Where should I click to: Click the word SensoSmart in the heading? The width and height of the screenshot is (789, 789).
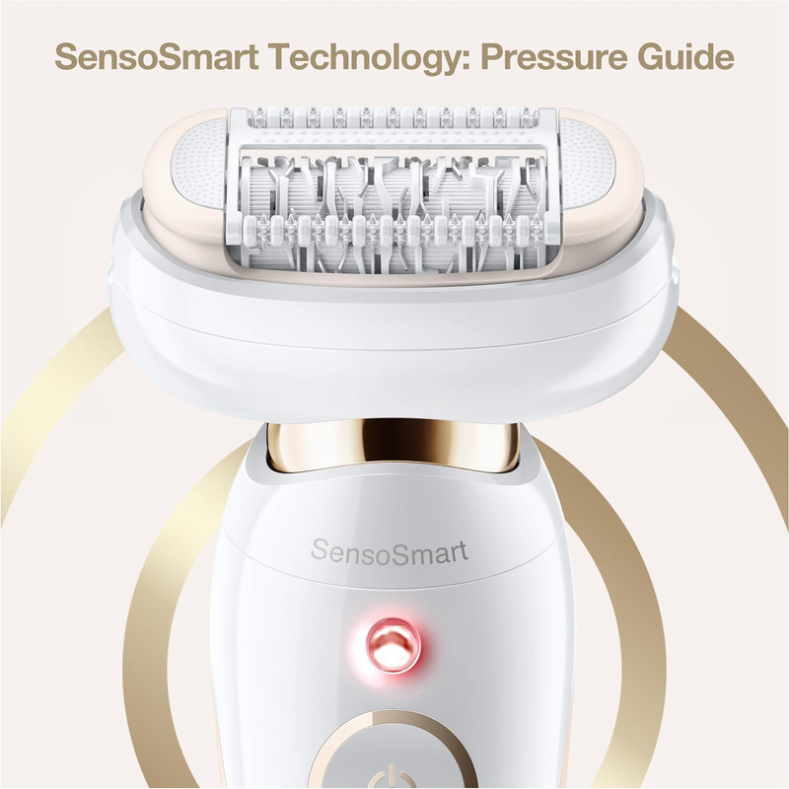pyautogui.click(x=157, y=57)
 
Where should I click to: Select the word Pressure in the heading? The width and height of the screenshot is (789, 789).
pyautogui.click(x=554, y=57)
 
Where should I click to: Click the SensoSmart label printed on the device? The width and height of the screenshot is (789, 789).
pyautogui.click(x=390, y=551)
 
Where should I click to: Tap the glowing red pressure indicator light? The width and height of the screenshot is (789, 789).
pyautogui.click(x=394, y=646)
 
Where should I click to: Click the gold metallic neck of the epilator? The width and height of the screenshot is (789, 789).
pyautogui.click(x=393, y=448)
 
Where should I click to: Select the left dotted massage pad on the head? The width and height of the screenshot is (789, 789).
pyautogui.click(x=200, y=164)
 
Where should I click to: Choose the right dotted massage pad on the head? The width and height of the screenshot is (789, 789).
pyautogui.click(x=588, y=164)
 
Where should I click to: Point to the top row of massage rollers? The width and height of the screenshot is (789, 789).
pyautogui.click(x=393, y=117)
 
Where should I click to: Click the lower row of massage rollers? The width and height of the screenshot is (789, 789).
pyautogui.click(x=394, y=229)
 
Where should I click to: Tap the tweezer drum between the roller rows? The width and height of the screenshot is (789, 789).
pyautogui.click(x=393, y=183)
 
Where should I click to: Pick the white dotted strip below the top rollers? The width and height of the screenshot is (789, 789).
pyautogui.click(x=393, y=137)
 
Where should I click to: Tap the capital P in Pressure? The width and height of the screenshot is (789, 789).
pyautogui.click(x=492, y=57)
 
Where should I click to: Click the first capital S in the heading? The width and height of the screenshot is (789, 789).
pyautogui.click(x=66, y=57)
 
